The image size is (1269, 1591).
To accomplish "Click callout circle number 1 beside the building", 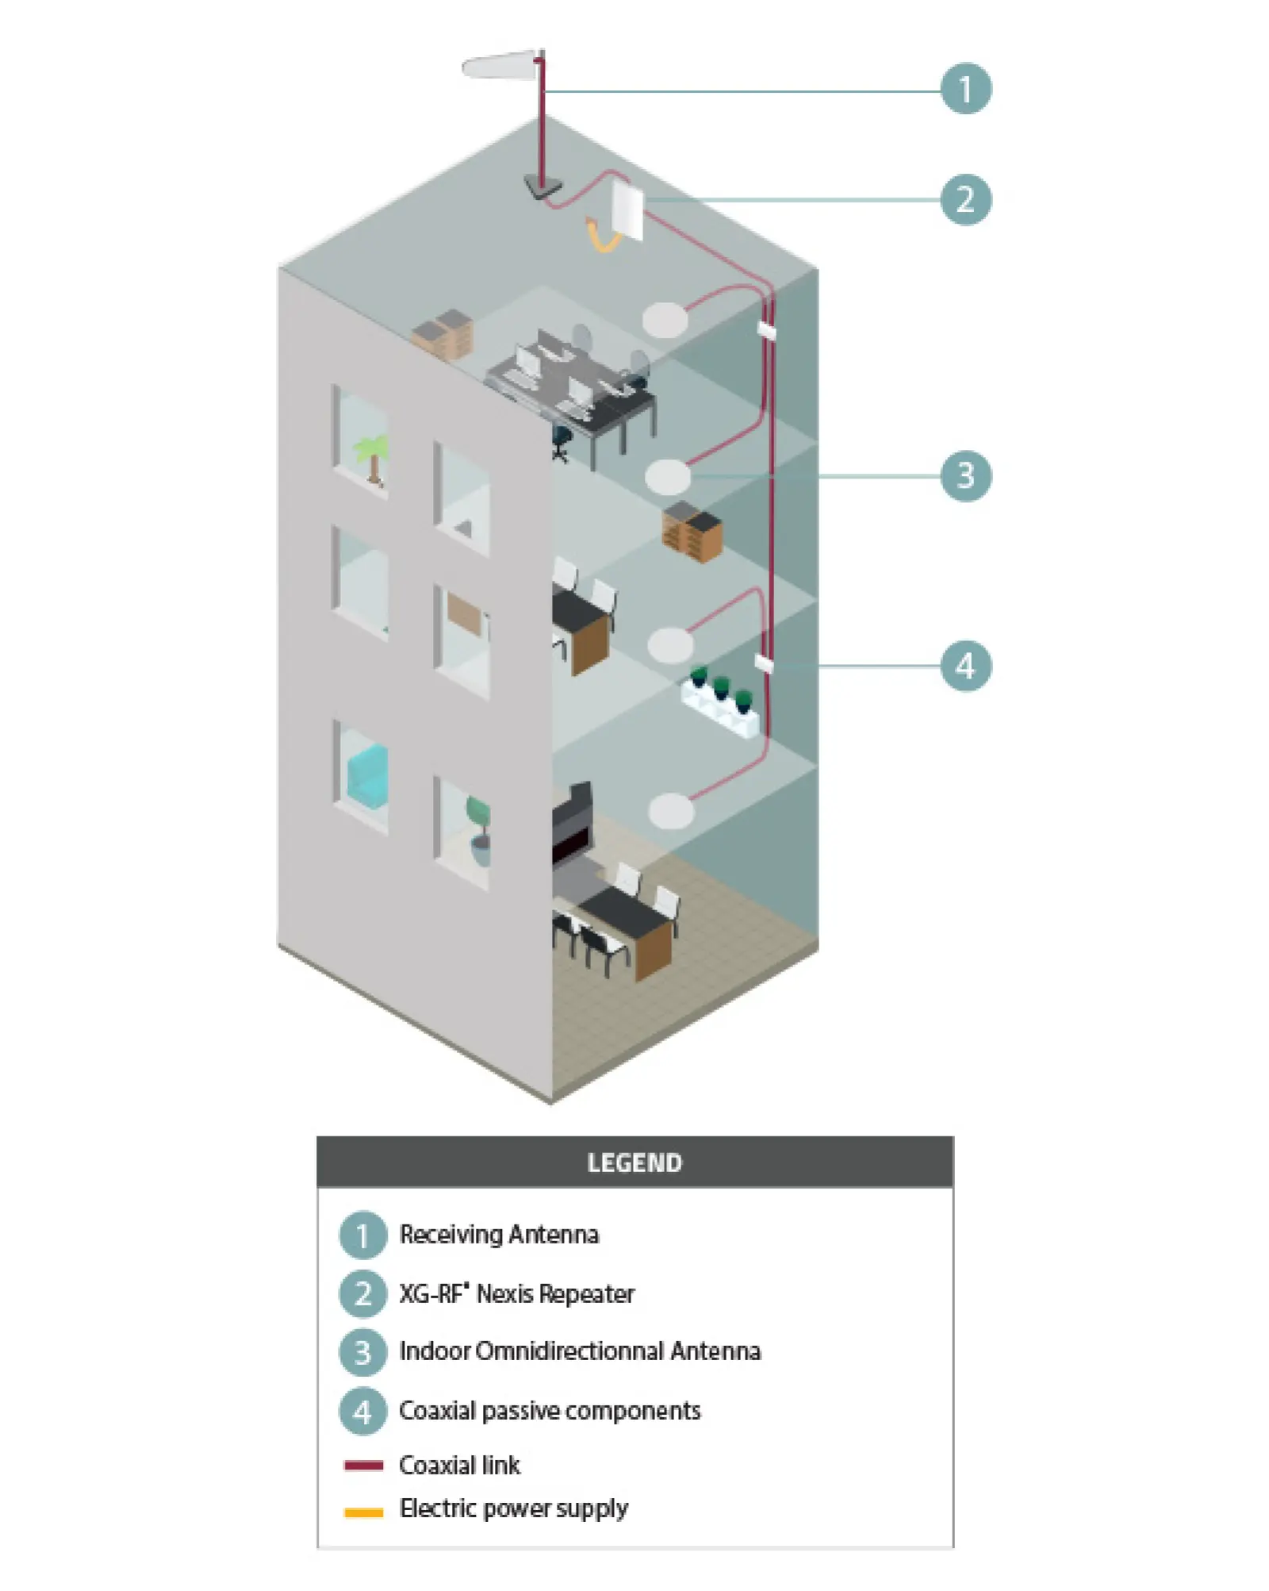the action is tap(965, 89).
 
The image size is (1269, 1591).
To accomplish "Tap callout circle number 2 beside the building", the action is tap(965, 199).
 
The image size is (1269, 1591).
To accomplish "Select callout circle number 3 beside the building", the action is tap(965, 476).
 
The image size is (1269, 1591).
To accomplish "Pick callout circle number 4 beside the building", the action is tap(965, 666).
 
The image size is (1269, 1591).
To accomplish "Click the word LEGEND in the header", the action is tap(634, 1163).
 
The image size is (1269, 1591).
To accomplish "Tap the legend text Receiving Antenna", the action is tap(499, 1235).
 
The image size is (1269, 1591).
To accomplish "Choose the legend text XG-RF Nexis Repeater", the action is tap(516, 1294).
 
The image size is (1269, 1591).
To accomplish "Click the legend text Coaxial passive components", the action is tap(550, 1411).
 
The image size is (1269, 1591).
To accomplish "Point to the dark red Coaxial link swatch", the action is tap(363, 1465).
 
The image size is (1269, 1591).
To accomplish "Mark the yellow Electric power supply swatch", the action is tap(363, 1512).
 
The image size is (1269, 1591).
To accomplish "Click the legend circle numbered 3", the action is tap(362, 1352).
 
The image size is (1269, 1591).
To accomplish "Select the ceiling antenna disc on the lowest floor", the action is tap(671, 811).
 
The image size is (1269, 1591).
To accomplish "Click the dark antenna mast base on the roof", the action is tap(542, 187).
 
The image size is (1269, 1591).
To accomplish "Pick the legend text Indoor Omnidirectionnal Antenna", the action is tap(580, 1351).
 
